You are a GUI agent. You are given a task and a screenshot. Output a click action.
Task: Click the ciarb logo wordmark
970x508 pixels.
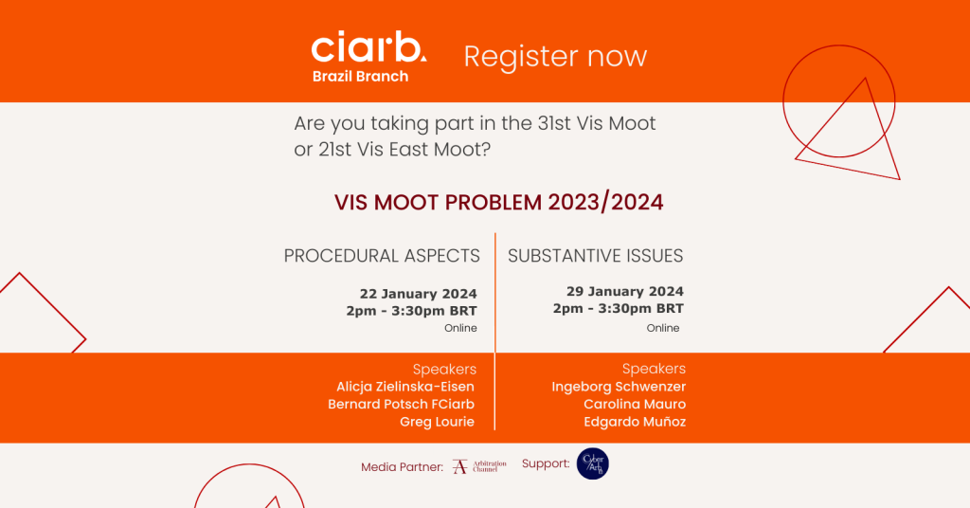368,46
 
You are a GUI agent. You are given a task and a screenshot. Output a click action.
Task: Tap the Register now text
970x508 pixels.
555,57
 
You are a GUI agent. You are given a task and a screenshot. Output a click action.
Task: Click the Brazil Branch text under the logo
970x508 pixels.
360,76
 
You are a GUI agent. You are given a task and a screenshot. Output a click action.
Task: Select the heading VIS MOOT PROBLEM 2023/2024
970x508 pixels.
498,202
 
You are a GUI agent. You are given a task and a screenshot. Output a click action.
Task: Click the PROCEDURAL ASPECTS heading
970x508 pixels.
382,256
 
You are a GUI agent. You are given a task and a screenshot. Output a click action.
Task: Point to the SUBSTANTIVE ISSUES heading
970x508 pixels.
595,256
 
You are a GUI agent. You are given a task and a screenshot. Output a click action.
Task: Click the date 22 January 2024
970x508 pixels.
418,294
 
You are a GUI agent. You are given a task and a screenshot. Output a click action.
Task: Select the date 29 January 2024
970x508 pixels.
625,291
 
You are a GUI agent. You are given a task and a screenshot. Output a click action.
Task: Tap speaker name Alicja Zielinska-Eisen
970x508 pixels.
405,387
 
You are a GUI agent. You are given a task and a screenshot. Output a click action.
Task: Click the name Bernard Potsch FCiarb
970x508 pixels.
401,404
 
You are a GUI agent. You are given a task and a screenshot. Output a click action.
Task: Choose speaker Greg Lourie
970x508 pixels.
437,422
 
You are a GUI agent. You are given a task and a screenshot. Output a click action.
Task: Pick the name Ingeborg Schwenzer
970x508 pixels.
619,387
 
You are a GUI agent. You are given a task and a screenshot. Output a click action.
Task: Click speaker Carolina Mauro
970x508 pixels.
635,404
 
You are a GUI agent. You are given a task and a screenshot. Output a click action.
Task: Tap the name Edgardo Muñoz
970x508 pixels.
635,422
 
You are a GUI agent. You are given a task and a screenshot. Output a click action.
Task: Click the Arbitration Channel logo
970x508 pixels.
479,466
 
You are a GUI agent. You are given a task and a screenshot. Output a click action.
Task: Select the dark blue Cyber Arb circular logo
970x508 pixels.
593,463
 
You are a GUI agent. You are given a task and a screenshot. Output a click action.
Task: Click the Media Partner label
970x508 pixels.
402,467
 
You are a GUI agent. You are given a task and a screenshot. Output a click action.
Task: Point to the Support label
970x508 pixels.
546,463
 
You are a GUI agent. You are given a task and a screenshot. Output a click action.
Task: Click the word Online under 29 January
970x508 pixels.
663,328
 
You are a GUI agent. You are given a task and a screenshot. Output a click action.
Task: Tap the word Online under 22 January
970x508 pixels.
460,328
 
